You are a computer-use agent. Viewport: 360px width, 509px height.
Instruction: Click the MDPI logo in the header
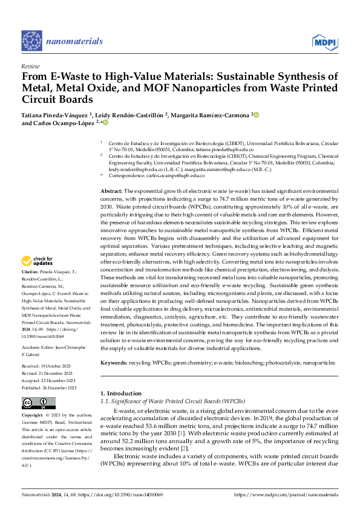(x=325, y=42)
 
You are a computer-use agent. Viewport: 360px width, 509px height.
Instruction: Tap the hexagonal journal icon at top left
(x=31, y=41)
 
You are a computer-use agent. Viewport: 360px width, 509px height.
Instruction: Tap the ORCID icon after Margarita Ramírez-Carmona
(x=255, y=114)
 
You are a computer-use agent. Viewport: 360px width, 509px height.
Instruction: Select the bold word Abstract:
(x=111, y=190)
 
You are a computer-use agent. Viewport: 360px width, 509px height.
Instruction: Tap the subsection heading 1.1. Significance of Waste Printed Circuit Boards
(x=172, y=401)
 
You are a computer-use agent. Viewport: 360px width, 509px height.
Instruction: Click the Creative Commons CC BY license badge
(x=39, y=403)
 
